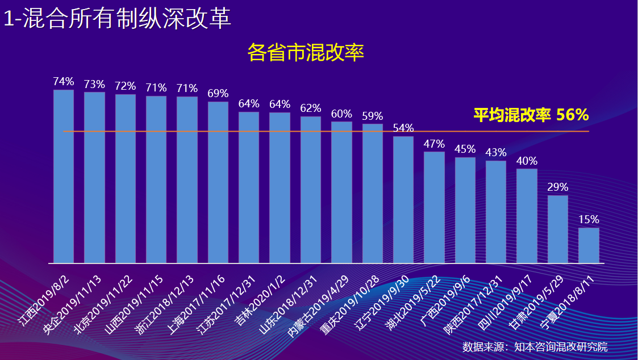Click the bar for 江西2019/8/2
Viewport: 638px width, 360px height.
(x=64, y=176)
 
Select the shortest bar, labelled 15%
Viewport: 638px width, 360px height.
(x=589, y=245)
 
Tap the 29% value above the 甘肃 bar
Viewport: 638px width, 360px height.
(x=557, y=187)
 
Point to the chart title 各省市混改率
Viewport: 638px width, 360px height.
(x=306, y=52)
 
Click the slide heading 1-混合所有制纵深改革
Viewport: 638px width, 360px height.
(x=118, y=19)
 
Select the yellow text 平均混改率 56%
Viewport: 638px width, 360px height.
(x=531, y=115)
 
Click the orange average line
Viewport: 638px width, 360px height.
(x=326, y=131)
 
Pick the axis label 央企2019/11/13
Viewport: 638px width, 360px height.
(x=72, y=305)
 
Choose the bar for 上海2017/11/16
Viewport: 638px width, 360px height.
(x=218, y=182)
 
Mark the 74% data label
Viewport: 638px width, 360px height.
(x=64, y=81)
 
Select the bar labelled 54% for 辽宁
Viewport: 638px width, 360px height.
(x=403, y=199)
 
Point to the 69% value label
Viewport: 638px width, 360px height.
(x=218, y=93)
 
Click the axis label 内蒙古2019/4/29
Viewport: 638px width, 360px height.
(x=318, y=305)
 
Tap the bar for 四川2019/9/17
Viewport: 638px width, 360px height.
(x=527, y=216)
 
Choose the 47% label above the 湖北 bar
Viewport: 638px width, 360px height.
(x=434, y=144)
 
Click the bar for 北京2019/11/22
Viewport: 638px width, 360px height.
(x=126, y=178)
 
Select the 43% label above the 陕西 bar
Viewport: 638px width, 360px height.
(x=496, y=153)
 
